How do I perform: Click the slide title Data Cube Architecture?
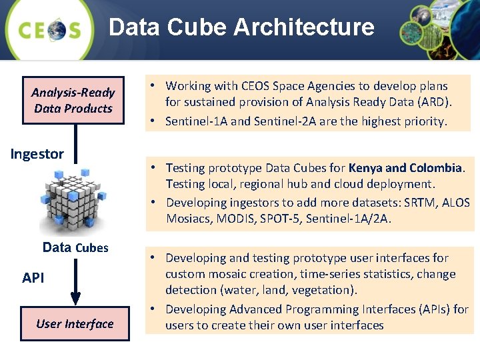point(241,27)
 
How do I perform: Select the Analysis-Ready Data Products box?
point(73,100)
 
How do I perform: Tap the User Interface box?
point(75,324)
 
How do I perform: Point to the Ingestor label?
point(37,154)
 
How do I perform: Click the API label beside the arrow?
point(33,277)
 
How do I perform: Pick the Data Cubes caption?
point(75,247)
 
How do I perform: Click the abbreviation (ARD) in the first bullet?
point(434,102)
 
